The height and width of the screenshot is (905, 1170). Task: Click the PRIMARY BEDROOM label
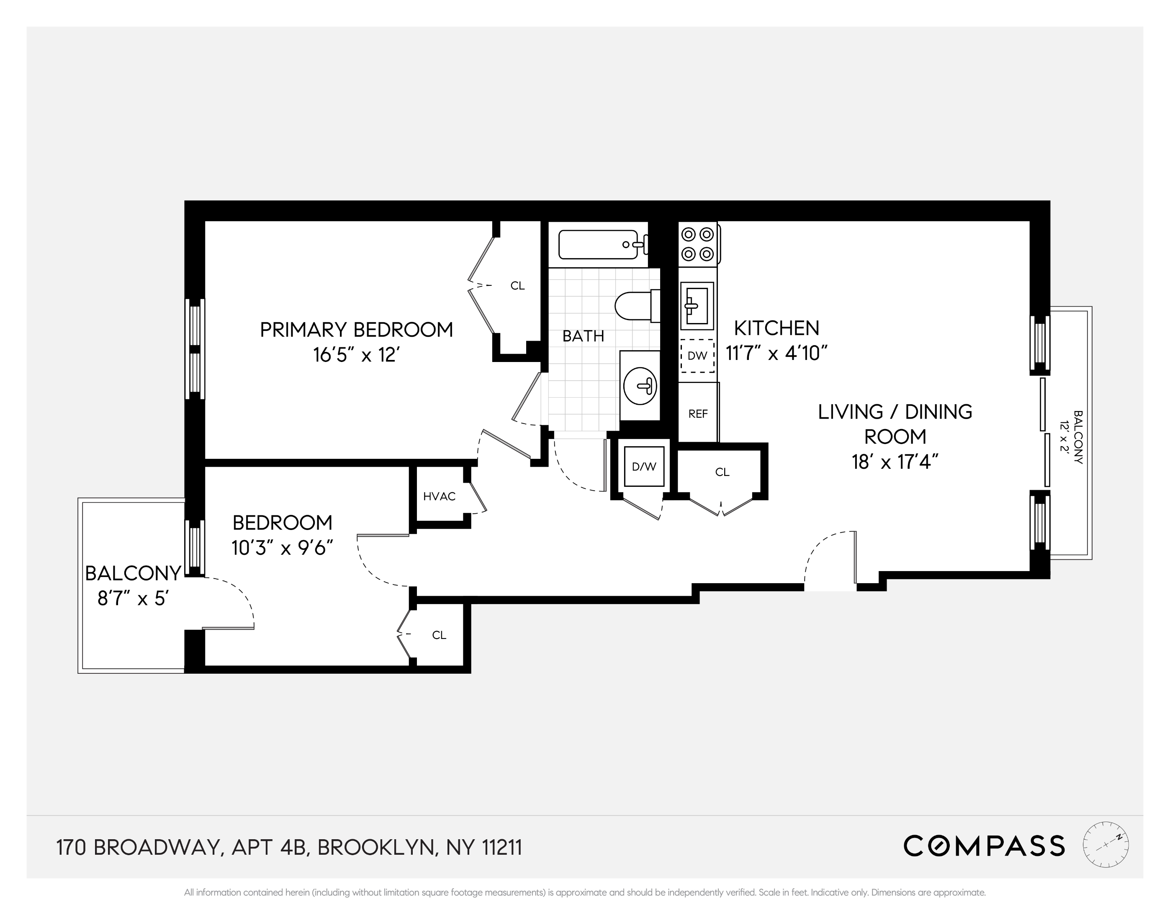point(356,330)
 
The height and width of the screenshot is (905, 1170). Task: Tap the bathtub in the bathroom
point(598,245)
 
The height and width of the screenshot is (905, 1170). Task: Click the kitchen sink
point(697,305)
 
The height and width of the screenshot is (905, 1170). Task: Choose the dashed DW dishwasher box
point(697,355)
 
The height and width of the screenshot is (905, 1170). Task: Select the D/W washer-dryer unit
point(644,466)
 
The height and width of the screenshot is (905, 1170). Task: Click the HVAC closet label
point(439,496)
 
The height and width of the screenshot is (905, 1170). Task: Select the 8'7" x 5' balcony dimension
point(133,598)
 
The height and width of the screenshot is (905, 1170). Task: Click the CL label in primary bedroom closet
point(517,286)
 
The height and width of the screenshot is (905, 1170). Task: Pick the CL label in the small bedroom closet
point(439,635)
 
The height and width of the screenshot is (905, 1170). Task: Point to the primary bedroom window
point(195,349)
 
